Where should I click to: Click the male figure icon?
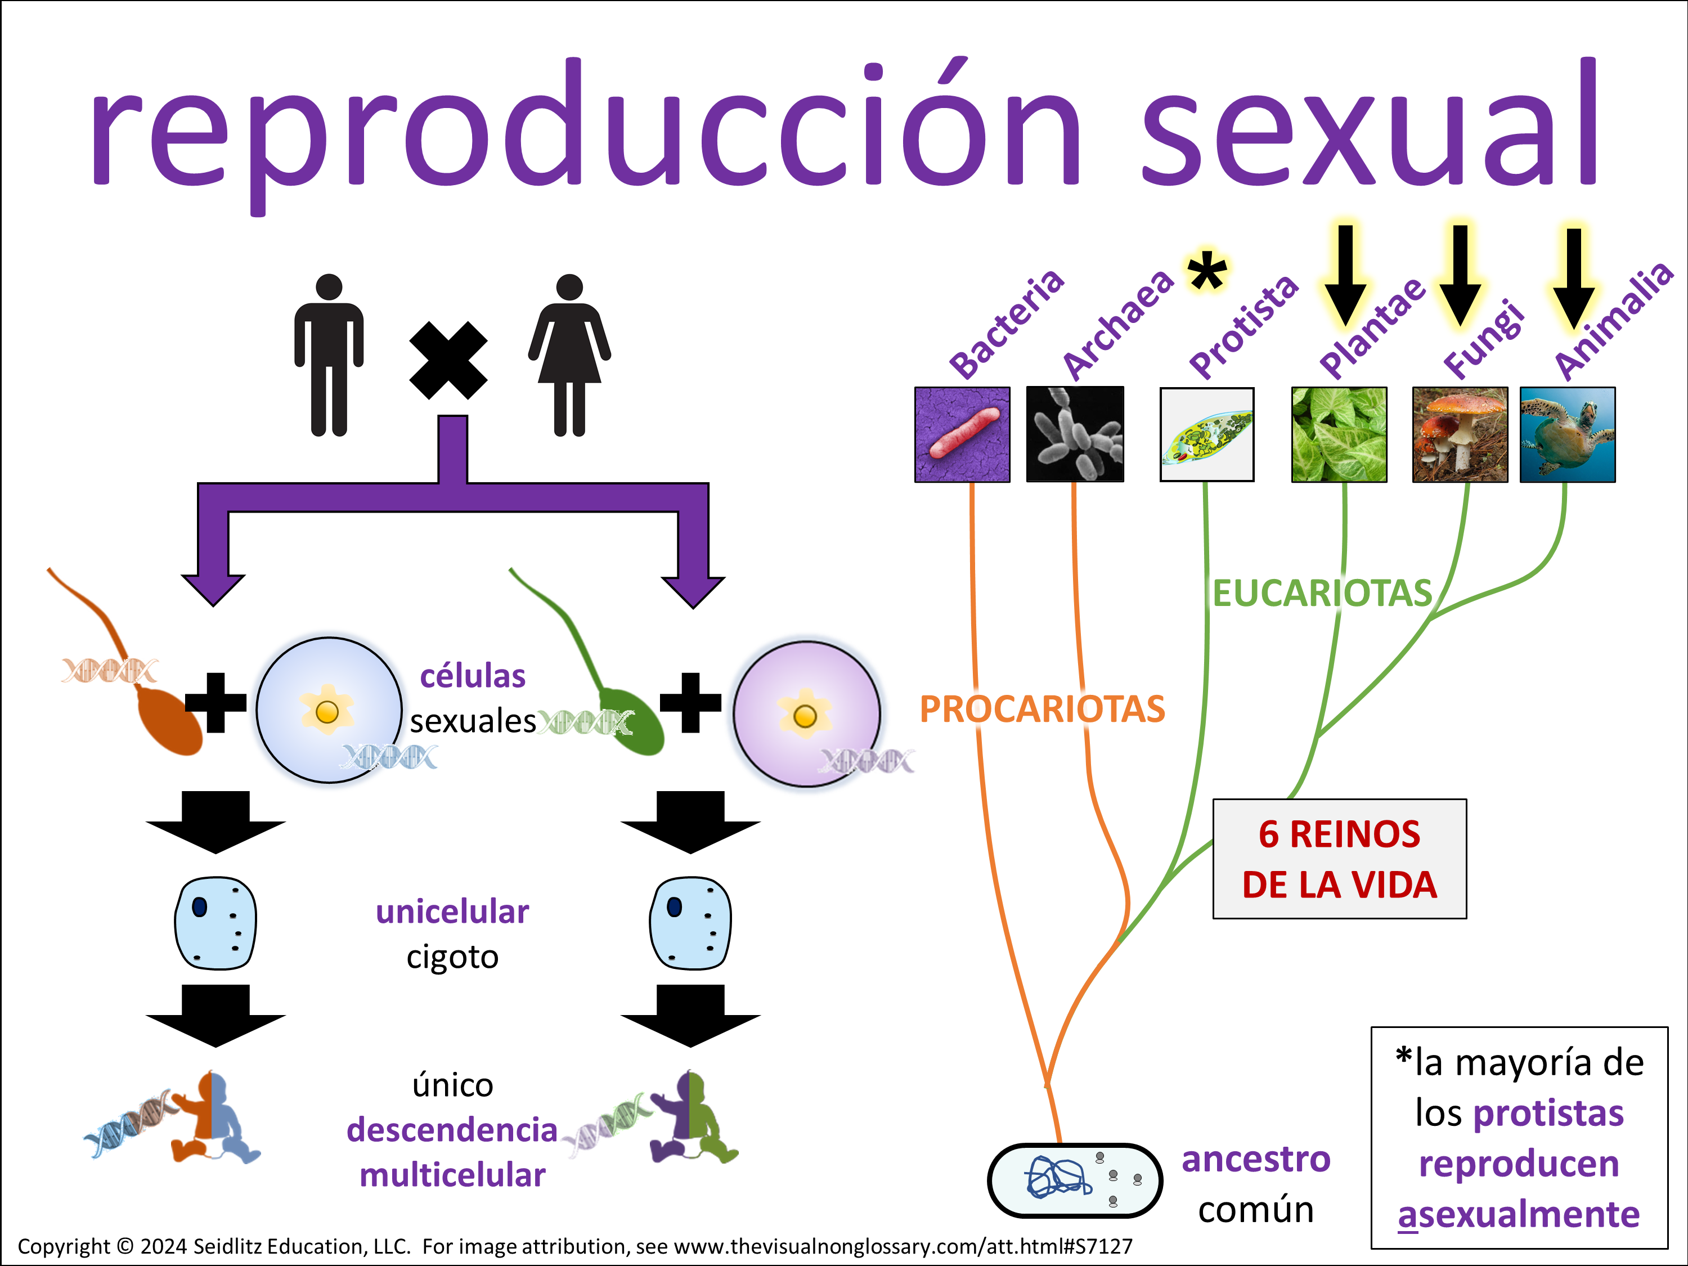(329, 355)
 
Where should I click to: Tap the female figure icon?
(569, 355)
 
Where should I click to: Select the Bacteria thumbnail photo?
(962, 434)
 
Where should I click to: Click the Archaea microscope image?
(1075, 434)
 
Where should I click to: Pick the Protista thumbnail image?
(1206, 434)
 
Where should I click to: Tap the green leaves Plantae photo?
(1339, 434)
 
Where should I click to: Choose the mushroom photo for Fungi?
(1460, 434)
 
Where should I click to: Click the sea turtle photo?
(1568, 434)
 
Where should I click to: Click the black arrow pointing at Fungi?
(1460, 275)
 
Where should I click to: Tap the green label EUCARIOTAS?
(1322, 593)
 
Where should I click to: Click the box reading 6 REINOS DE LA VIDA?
(1339, 859)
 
